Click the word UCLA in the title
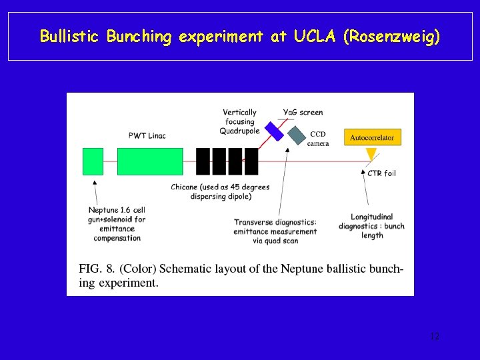pyautogui.click(x=313, y=36)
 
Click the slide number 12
pyautogui.click(x=434, y=337)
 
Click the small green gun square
pyautogui.click(x=93, y=161)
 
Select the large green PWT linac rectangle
pyautogui.click(x=150, y=161)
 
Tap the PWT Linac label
pyautogui.click(x=147, y=136)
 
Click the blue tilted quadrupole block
pyautogui.click(x=274, y=131)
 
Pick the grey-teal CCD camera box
pyautogui.click(x=296, y=135)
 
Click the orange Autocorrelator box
pyautogui.click(x=372, y=138)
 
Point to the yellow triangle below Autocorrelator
pyautogui.click(x=371, y=155)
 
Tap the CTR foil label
pyautogui.click(x=382, y=173)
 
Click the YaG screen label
pyautogui.click(x=303, y=113)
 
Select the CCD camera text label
pyautogui.click(x=317, y=139)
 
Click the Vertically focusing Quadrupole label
pyautogui.click(x=239, y=121)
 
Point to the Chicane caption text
pyautogui.click(x=220, y=192)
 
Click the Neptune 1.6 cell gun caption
pyautogui.click(x=117, y=223)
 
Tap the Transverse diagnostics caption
pyautogui.click(x=275, y=231)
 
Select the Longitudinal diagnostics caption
pyautogui.click(x=371, y=225)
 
